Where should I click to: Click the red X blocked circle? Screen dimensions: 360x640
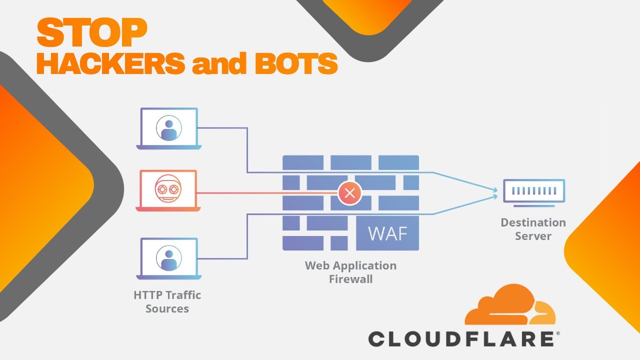pyautogui.click(x=349, y=193)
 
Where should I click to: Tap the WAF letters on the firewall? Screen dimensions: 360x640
pyautogui.click(x=387, y=233)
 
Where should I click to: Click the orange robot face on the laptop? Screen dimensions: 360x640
pyautogui.click(x=168, y=190)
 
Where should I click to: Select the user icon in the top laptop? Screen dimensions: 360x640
pyautogui.click(x=168, y=128)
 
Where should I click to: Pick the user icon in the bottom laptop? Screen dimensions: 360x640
pyautogui.click(x=168, y=257)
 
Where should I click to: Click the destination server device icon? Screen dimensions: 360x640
pyautogui.click(x=533, y=191)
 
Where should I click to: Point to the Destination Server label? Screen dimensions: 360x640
pyautogui.click(x=533, y=229)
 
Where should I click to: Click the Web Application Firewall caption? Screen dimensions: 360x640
pyautogui.click(x=350, y=272)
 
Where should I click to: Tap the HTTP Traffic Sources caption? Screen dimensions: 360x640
pyautogui.click(x=167, y=301)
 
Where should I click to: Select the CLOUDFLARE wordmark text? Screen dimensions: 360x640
pyautogui.click(x=460, y=339)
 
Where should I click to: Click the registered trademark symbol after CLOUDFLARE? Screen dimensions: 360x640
pyautogui.click(x=557, y=332)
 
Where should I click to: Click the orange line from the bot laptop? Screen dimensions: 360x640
pyautogui.click(x=265, y=193)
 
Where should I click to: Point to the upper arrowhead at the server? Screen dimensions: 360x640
pyautogui.click(x=494, y=190)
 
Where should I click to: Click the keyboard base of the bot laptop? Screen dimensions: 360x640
pyautogui.click(x=168, y=208)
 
